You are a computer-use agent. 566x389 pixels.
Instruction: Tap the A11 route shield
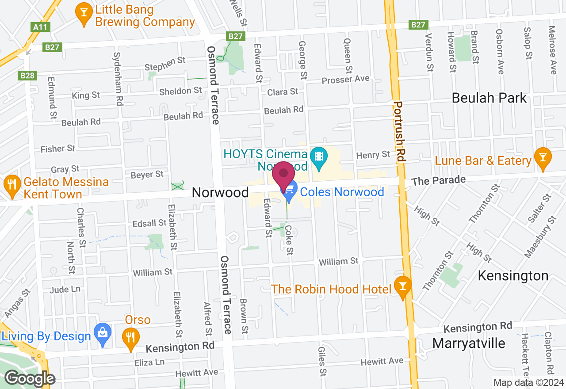pyautogui.click(x=40, y=27)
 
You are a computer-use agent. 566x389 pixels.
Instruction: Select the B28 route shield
pyautogui.click(x=27, y=76)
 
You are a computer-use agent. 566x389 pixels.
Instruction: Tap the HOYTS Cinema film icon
pyautogui.click(x=318, y=156)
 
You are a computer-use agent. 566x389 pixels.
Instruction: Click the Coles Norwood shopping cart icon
pyautogui.click(x=289, y=192)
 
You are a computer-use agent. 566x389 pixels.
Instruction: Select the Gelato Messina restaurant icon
pyautogui.click(x=11, y=183)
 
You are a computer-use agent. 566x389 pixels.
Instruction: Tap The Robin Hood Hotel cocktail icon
pyautogui.click(x=402, y=285)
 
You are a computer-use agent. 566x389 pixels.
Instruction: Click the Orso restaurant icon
pyautogui.click(x=130, y=337)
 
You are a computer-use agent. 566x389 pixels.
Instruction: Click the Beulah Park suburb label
pyautogui.click(x=489, y=98)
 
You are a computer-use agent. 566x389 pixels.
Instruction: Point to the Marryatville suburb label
pyautogui.click(x=468, y=343)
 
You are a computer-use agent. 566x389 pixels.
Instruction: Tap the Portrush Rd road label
pyautogui.click(x=399, y=133)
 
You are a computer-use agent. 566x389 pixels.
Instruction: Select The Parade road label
pyautogui.click(x=438, y=181)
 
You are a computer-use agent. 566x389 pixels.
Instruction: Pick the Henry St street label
pyautogui.click(x=374, y=155)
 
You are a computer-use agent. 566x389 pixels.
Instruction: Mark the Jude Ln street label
pyautogui.click(x=65, y=290)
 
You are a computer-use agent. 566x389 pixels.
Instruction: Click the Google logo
pyautogui.click(x=30, y=379)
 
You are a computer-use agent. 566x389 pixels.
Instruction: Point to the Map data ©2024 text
pyautogui.click(x=528, y=383)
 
